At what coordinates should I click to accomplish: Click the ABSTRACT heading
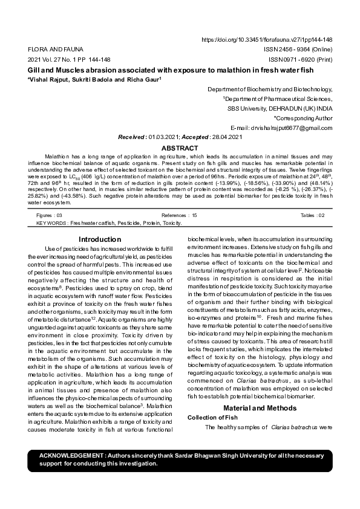180,148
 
